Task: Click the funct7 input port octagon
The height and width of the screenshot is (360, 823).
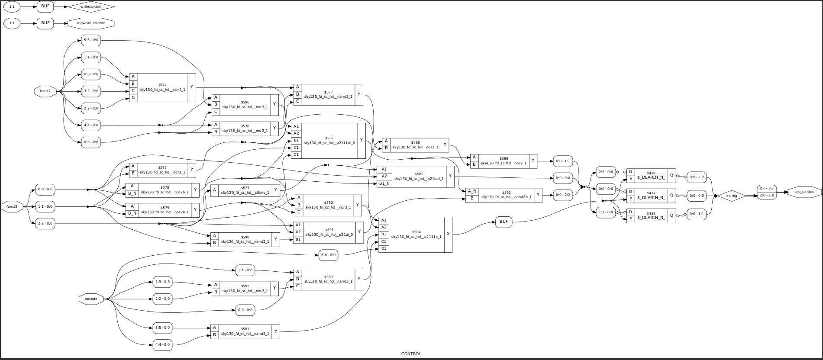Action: pos(45,91)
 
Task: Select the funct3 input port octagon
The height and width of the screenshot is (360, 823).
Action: pos(12,207)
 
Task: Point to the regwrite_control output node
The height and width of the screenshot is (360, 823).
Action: pos(91,23)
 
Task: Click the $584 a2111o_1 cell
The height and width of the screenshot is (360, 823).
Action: pos(415,235)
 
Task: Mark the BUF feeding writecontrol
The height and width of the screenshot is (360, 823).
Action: pos(45,6)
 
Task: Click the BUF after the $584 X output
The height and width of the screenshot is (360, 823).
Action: pos(503,222)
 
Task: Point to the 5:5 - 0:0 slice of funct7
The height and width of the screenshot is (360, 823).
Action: pos(90,40)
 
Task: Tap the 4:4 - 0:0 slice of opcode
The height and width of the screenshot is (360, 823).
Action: pos(162,345)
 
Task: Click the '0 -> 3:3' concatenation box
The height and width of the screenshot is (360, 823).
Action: pos(767,188)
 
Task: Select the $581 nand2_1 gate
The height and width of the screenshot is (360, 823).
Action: pos(245,331)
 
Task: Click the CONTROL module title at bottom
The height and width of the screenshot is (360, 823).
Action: pos(411,354)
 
